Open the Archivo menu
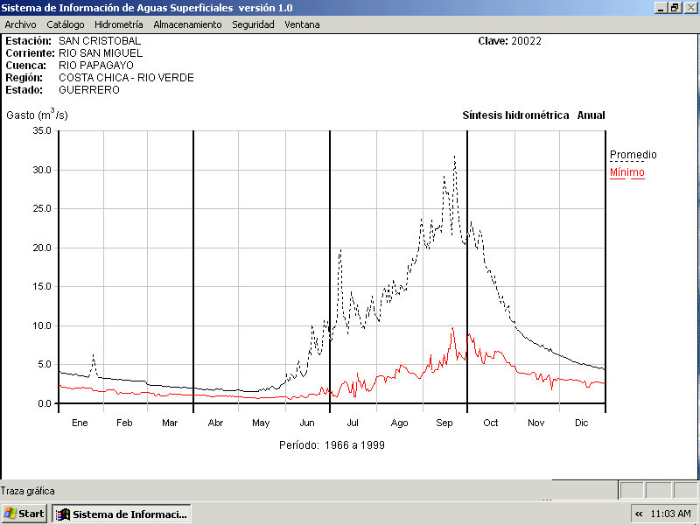point(20,24)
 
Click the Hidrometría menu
point(119,24)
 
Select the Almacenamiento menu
point(187,24)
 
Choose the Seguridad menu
point(253,24)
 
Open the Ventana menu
point(302,24)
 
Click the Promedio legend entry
point(633,155)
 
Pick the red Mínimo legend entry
point(626,172)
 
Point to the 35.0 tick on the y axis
point(42,130)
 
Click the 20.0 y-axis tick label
point(42,248)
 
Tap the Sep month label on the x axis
point(444,423)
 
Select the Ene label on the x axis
point(80,423)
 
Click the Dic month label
point(582,423)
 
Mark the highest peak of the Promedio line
point(455,157)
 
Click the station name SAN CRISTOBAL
point(99,41)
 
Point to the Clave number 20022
point(527,41)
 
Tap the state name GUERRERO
point(88,90)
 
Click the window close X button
point(690,7)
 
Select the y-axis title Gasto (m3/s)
point(37,115)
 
